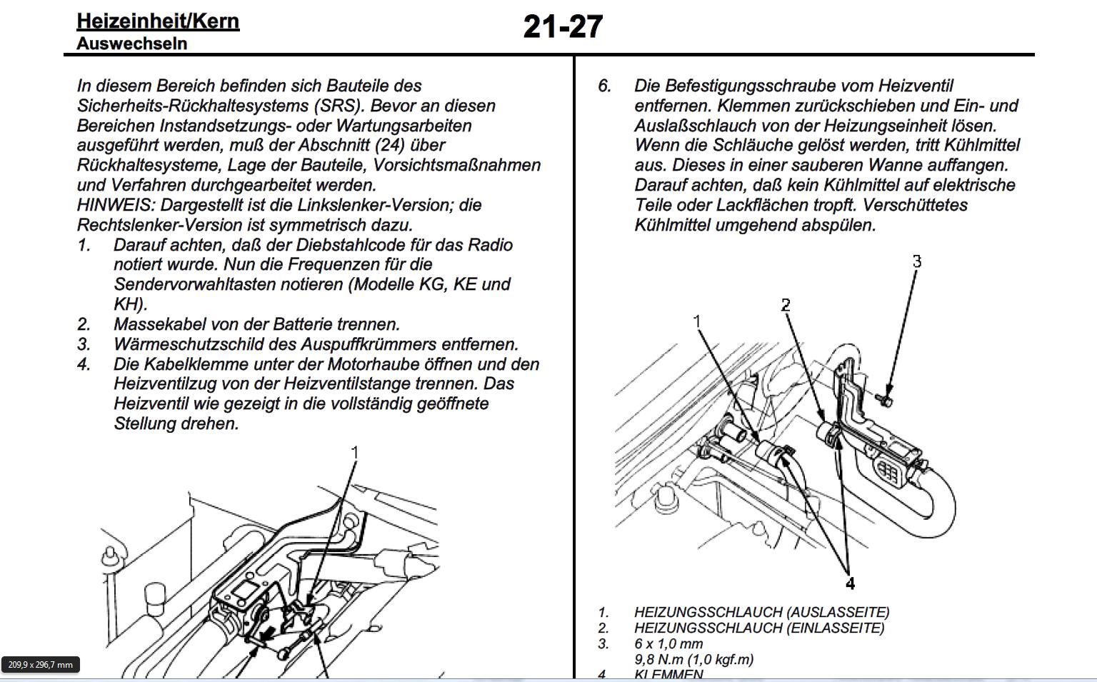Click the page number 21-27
pos(563,27)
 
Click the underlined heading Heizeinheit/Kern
pos(158,21)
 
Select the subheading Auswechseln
pos(131,44)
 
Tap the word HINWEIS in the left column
pos(114,205)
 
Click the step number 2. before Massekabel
pos(84,324)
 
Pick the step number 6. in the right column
pos(605,86)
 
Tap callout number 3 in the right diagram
pos(917,262)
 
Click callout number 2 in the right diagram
pos(786,306)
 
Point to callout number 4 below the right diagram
pos(850,584)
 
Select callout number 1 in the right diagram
pos(698,322)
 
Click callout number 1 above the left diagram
pos(354,452)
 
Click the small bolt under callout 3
pos(885,401)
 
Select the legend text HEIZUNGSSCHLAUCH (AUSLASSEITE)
pos(761,612)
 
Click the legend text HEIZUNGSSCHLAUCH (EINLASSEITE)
pos(759,628)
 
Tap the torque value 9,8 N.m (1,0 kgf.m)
pos(693,659)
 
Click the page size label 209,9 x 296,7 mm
pos(40,665)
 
